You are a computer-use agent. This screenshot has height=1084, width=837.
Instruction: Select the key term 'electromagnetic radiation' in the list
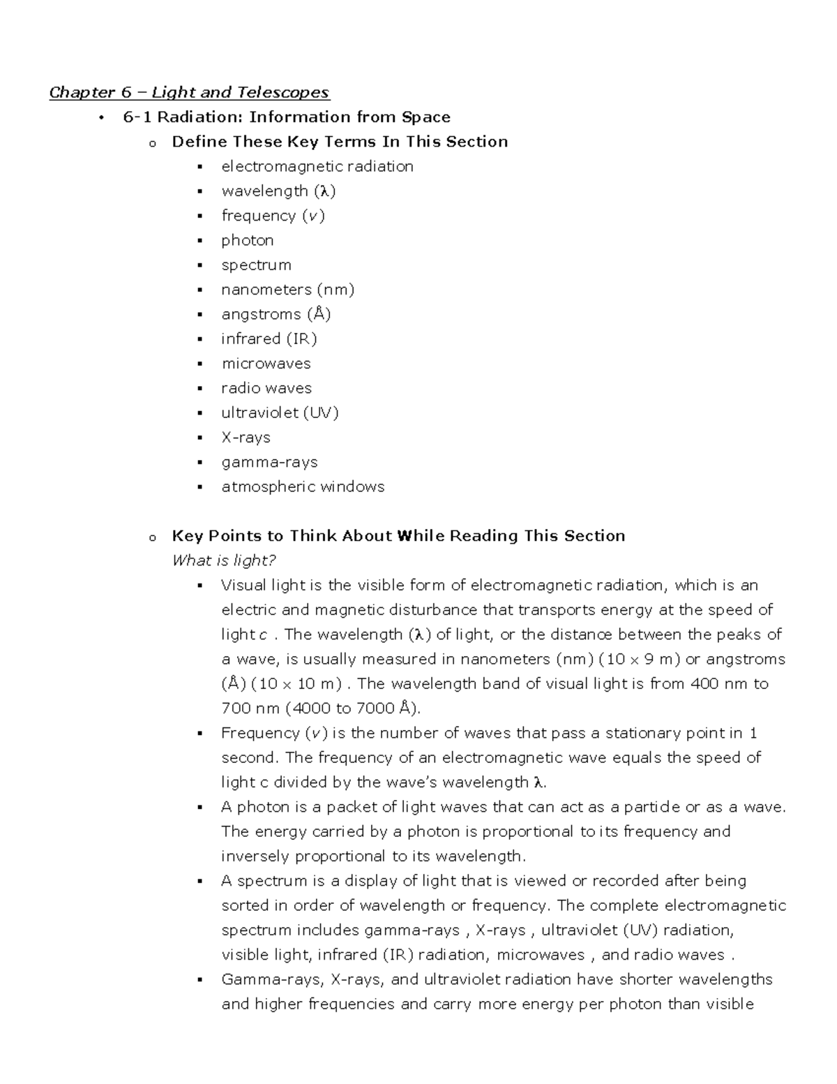tap(317, 166)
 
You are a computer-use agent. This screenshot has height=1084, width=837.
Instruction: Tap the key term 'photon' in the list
tap(248, 240)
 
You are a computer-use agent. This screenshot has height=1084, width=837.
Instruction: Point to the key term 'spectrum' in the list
tap(256, 265)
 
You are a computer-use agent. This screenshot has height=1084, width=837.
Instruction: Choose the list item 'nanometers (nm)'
tap(288, 290)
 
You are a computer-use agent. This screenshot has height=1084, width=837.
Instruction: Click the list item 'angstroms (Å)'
tap(276, 314)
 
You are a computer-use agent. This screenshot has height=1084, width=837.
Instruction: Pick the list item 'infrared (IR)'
tap(269, 339)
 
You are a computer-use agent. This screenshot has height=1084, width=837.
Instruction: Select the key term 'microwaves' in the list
tap(266, 364)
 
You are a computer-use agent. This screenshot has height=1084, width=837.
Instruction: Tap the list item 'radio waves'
tap(266, 388)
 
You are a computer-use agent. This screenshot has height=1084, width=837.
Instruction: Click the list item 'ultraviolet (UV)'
tap(280, 413)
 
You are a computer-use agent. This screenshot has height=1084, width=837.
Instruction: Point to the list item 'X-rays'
tap(246, 438)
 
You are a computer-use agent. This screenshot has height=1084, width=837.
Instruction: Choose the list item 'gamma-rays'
tap(269, 462)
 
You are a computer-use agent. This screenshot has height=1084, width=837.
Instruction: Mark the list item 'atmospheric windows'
tap(303, 487)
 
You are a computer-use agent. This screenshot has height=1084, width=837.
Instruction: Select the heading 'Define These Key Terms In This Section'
tap(340, 142)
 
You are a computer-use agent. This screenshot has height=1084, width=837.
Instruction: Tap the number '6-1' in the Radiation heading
tap(137, 117)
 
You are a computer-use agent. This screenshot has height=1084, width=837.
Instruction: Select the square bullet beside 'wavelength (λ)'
tap(200, 191)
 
